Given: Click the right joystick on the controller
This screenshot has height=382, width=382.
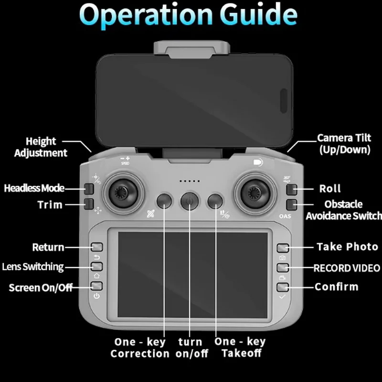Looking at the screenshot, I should point(255,192).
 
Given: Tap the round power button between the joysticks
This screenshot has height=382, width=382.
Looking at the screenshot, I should point(190,201).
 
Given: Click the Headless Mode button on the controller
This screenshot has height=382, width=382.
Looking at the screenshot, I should point(88,188).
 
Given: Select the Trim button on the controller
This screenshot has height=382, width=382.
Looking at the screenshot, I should point(88,204).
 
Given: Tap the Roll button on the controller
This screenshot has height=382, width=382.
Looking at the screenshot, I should point(292,189).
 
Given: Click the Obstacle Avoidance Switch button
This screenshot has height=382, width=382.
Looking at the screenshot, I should point(292,205).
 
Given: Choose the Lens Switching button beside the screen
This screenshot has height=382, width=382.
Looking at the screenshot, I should point(97,266).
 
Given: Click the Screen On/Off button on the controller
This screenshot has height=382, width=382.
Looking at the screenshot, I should point(97,286).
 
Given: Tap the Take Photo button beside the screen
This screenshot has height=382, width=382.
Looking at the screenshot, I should point(283,247).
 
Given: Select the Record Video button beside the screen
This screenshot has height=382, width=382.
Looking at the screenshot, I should point(283,267).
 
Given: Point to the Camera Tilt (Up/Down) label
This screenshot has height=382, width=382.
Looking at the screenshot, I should point(344,144).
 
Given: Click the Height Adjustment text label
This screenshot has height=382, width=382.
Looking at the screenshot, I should point(41,147).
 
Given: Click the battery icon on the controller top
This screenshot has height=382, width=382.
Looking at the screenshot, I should point(258,162).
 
